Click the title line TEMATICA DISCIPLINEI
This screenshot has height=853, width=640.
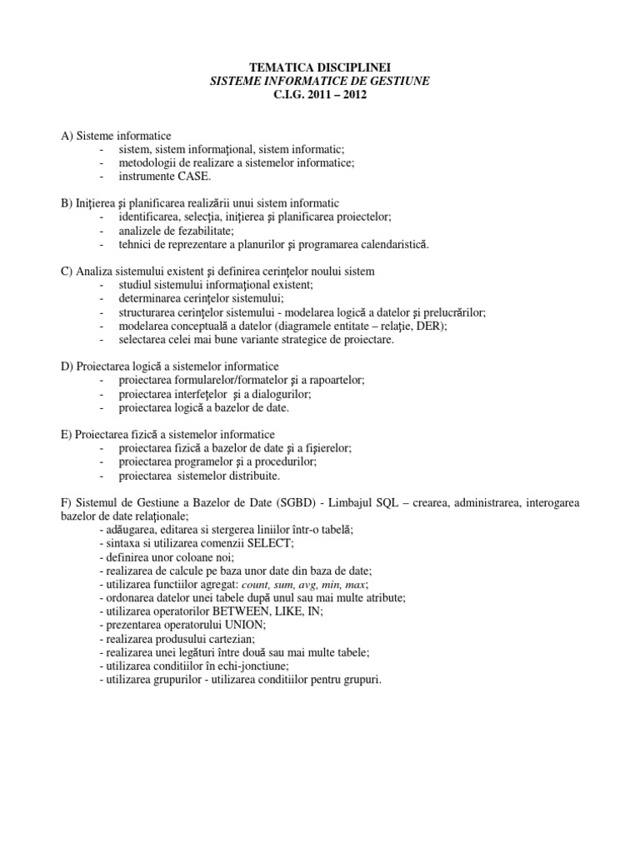click(x=320, y=67)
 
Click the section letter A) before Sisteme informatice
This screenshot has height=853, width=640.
click(x=67, y=136)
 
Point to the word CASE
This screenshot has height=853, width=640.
click(x=195, y=177)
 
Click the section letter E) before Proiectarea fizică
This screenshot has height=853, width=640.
click(x=67, y=434)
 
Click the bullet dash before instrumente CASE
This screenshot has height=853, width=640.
click(x=101, y=177)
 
